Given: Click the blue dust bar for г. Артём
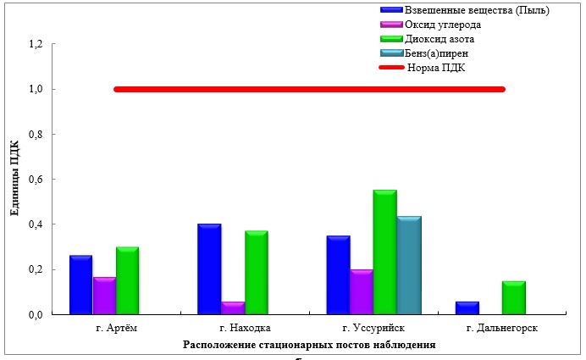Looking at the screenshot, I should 80,285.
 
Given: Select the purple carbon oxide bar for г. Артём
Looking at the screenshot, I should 104,296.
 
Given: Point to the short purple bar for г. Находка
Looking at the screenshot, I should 232,307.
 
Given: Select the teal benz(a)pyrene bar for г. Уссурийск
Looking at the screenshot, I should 408,265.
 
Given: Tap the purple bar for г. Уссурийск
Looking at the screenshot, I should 361,292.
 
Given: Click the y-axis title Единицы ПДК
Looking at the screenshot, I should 15,180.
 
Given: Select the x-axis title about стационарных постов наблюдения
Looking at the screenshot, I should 308,345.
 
